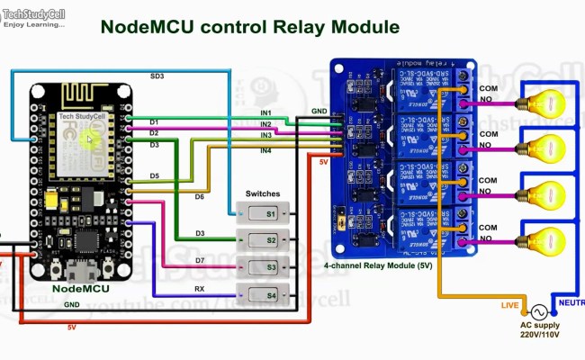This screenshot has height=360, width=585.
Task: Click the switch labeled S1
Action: coord(263,213)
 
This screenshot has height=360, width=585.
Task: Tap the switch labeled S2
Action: coord(263,240)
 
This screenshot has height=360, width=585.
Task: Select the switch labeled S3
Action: coord(263,267)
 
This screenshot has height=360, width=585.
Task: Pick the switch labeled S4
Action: coord(263,294)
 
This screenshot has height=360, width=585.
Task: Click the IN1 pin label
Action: coord(265,112)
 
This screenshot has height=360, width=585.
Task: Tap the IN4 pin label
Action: coord(265,150)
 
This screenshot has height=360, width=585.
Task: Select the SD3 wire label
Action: coord(157,76)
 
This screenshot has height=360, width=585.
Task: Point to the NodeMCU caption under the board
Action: coord(81,289)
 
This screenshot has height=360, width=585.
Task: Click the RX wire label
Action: coord(199,289)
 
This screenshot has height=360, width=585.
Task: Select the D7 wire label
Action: coord(199,261)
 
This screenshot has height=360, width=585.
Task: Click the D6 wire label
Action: coord(199,195)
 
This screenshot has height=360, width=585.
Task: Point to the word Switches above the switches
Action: coord(263,193)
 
